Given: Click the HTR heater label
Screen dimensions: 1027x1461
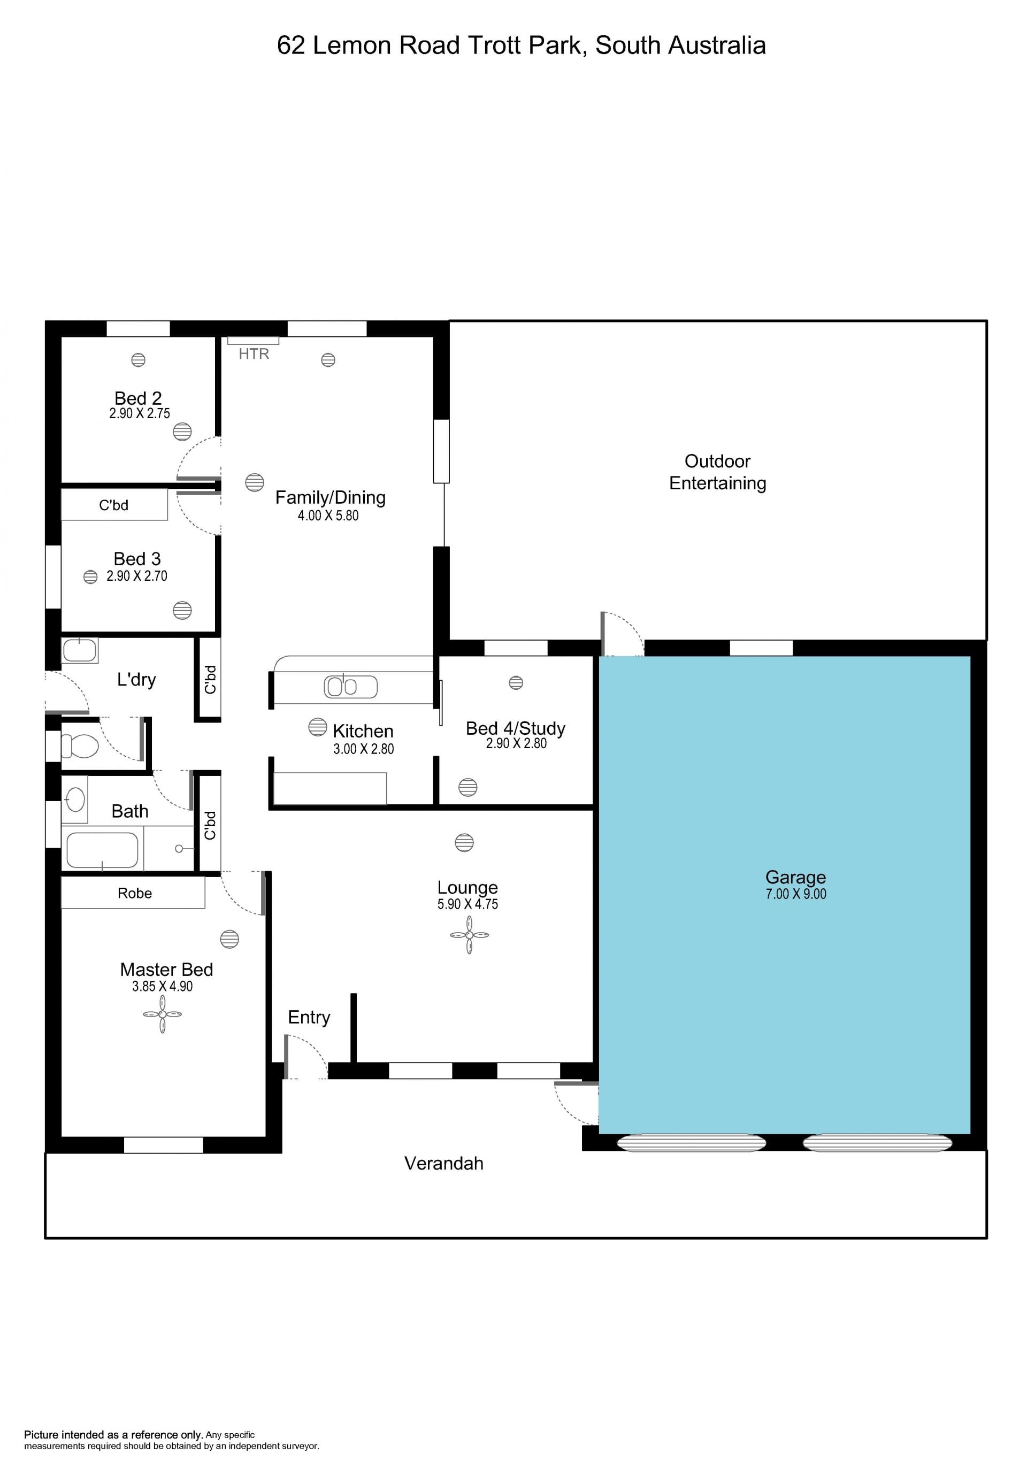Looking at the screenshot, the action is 254,354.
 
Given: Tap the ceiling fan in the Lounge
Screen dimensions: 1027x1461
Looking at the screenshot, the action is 469,935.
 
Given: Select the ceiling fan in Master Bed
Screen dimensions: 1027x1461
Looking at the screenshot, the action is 162,1014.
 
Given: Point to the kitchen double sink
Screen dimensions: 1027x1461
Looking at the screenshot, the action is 350,687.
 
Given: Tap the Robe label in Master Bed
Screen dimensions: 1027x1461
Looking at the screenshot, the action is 135,894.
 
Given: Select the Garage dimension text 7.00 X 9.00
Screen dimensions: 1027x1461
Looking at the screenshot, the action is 795,894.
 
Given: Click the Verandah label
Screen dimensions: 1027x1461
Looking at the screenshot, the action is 444,1164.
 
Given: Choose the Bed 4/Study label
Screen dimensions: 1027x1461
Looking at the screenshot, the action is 516,728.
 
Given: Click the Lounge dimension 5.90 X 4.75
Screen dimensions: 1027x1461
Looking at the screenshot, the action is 467,904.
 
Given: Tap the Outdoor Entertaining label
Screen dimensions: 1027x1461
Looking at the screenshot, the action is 718,472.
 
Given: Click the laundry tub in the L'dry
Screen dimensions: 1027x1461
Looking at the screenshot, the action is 80,650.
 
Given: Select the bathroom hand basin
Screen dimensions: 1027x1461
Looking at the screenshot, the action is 75,799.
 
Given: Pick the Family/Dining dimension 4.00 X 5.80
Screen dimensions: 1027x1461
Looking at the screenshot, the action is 328,516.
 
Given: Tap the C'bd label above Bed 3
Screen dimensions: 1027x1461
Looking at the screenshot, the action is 114,505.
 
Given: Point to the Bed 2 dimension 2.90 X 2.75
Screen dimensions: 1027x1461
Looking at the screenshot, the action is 140,413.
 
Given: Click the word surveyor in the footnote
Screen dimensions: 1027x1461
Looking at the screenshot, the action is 299,1447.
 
